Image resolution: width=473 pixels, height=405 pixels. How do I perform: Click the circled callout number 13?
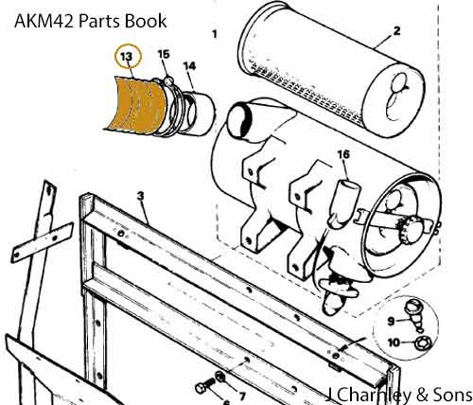(x=126, y=57)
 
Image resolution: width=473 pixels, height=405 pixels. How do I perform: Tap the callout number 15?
(x=164, y=54)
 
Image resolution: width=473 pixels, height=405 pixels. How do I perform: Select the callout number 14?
(x=189, y=66)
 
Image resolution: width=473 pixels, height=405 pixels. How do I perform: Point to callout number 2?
(x=396, y=31)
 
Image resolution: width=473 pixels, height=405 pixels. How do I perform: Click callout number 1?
(x=215, y=34)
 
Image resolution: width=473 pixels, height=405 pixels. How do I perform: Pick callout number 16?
(x=343, y=154)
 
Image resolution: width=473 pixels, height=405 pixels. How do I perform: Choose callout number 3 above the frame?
(x=141, y=196)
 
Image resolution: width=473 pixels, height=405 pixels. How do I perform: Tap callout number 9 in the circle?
(x=391, y=321)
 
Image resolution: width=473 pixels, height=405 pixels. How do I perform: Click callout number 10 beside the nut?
(x=394, y=343)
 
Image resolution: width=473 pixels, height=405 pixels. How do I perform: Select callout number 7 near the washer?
(x=242, y=396)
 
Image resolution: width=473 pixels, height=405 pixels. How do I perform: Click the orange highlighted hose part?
(x=135, y=106)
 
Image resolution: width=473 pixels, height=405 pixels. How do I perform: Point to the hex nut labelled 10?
(x=421, y=343)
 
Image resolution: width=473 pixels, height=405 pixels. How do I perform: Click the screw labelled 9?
(x=415, y=315)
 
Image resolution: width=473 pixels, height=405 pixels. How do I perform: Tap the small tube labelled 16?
(x=343, y=203)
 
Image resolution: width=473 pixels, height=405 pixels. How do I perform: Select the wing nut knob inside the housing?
(x=410, y=229)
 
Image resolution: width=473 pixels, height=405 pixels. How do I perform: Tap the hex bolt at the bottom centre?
(x=205, y=386)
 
